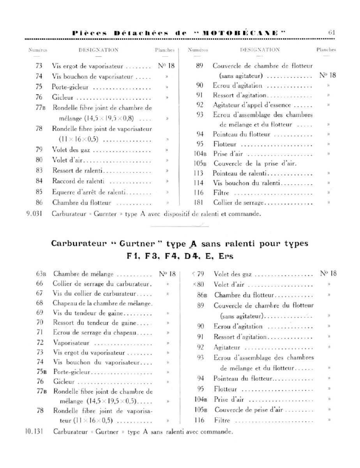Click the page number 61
coord(332,33)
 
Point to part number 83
coord(39,170)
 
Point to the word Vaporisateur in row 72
coord(71,343)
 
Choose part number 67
coord(39,293)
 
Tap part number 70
coord(39,323)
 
